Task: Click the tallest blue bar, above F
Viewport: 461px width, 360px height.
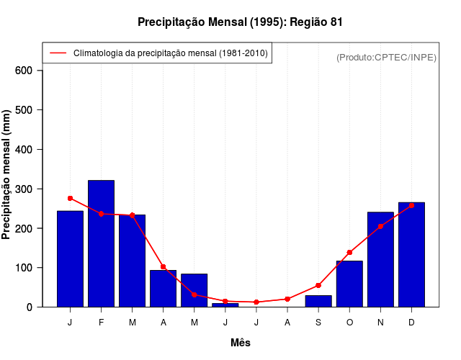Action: pyautogui.click(x=101, y=243)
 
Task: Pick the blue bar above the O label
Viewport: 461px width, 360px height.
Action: pyautogui.click(x=349, y=284)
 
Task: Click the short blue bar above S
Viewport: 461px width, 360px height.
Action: pyautogui.click(x=318, y=301)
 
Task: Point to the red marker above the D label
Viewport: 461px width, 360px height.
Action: pyautogui.click(x=411, y=205)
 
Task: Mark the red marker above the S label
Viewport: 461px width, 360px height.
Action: pyautogui.click(x=318, y=285)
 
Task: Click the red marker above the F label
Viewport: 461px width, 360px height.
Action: pyautogui.click(x=101, y=214)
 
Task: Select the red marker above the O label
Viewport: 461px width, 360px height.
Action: pyautogui.click(x=349, y=252)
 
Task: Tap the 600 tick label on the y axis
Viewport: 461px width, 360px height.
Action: pyautogui.click(x=24, y=71)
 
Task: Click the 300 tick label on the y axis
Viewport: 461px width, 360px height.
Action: pyautogui.click(x=24, y=189)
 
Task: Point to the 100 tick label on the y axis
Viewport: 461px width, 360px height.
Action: pyautogui.click(x=24, y=268)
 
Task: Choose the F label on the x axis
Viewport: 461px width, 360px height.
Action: pyautogui.click(x=101, y=323)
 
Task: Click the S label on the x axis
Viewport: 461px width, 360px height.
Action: pyautogui.click(x=318, y=323)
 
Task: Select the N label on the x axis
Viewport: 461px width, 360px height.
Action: pyautogui.click(x=380, y=323)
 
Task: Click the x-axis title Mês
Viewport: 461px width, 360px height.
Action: pyautogui.click(x=241, y=343)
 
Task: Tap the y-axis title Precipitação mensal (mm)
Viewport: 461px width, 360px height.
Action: pyautogui.click(x=6, y=174)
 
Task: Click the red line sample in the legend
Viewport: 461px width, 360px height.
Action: pyautogui.click(x=58, y=53)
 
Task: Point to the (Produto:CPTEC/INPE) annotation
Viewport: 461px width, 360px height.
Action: pyautogui.click(x=386, y=57)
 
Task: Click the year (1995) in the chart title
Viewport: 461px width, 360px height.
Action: pyautogui.click(x=268, y=22)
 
